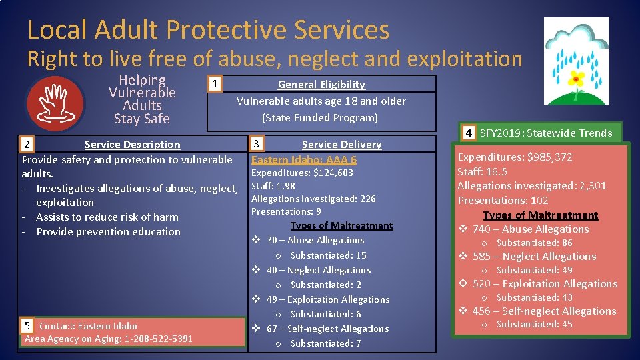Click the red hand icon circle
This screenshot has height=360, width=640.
[55, 103]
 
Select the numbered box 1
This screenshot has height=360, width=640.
[213, 84]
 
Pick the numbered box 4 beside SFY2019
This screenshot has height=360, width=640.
[469, 133]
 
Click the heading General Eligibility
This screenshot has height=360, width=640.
[321, 84]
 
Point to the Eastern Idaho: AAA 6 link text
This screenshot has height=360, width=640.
[304, 159]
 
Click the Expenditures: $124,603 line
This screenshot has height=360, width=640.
[302, 173]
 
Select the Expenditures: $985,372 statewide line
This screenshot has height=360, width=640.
[515, 157]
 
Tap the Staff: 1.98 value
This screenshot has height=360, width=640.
[273, 186]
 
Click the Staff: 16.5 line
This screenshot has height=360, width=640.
[482, 171]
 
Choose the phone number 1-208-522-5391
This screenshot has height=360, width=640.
[154, 339]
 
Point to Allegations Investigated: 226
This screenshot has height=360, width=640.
[313, 199]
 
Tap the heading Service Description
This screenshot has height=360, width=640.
[132, 144]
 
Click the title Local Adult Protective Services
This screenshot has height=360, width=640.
[208, 30]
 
